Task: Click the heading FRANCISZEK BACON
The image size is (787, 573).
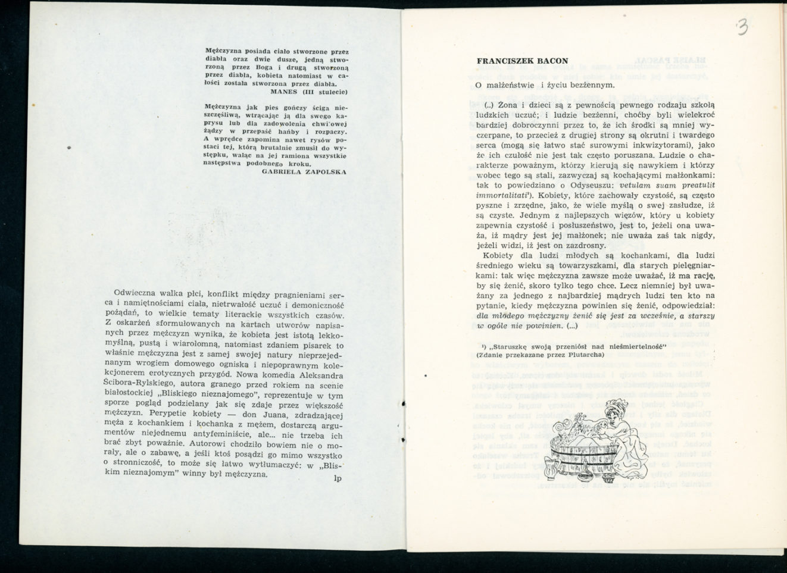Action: [x=522, y=61]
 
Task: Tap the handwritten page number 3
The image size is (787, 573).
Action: [x=741, y=27]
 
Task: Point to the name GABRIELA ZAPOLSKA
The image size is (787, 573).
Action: [x=304, y=171]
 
